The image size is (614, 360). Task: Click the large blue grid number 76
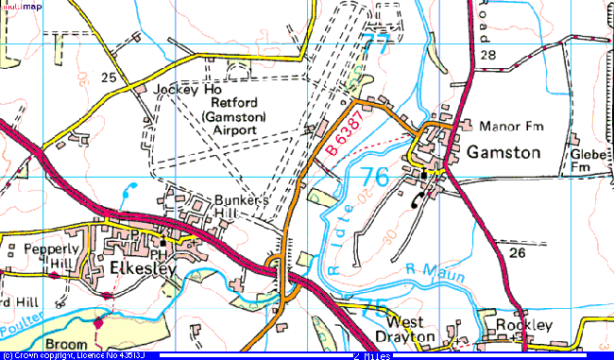[x=374, y=177]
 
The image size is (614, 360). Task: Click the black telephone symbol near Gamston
[x=418, y=197]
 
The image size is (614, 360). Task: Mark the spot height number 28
[x=487, y=56]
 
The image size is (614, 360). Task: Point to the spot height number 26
[x=517, y=253]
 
